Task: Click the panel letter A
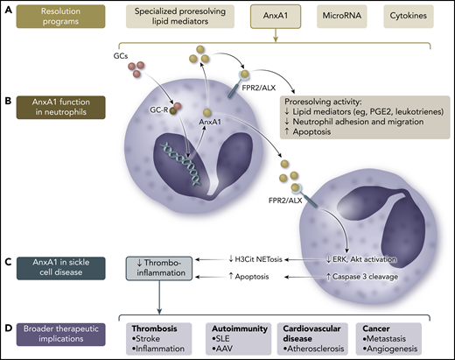tap(8, 11)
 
